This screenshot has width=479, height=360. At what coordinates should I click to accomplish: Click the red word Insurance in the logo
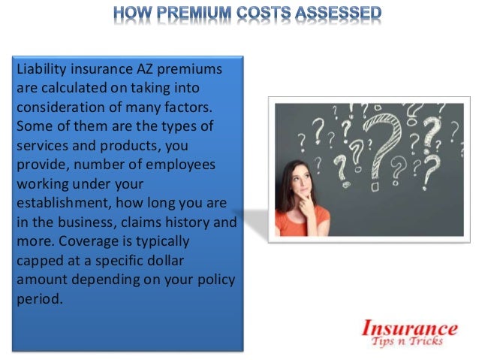[x=410, y=328]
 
